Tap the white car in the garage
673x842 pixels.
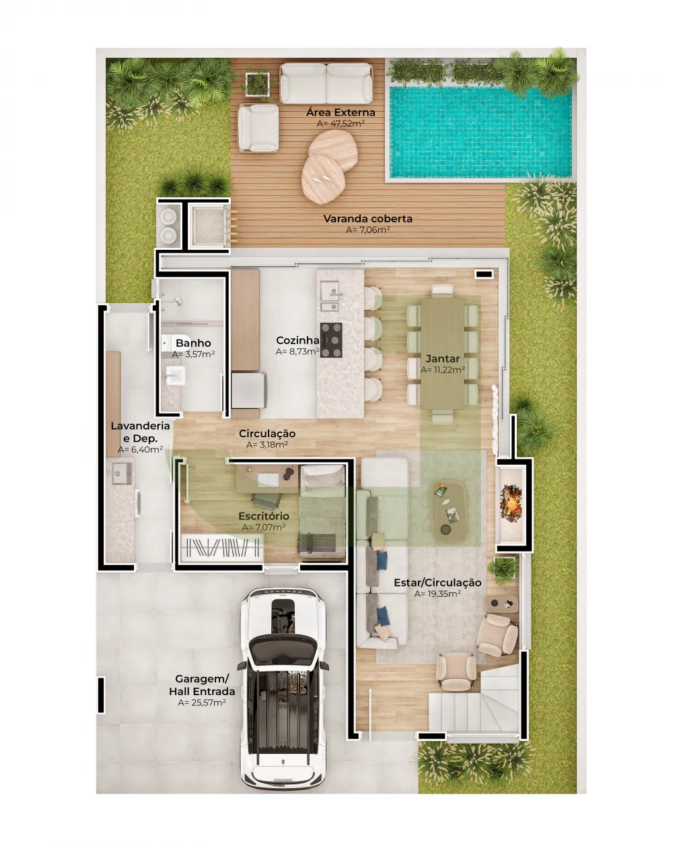[283, 687]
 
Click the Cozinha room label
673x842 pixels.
[297, 341]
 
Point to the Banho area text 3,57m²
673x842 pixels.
[193, 354]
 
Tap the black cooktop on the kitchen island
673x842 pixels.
[330, 340]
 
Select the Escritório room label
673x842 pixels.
[264, 516]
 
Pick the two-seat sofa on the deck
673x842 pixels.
[326, 83]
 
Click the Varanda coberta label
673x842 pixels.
[367, 219]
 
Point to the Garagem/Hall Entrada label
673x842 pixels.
[202, 685]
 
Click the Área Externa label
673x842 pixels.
[341, 112]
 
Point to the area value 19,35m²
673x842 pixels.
[437, 594]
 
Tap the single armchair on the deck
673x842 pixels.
[258, 127]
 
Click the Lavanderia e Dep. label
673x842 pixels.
[140, 432]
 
